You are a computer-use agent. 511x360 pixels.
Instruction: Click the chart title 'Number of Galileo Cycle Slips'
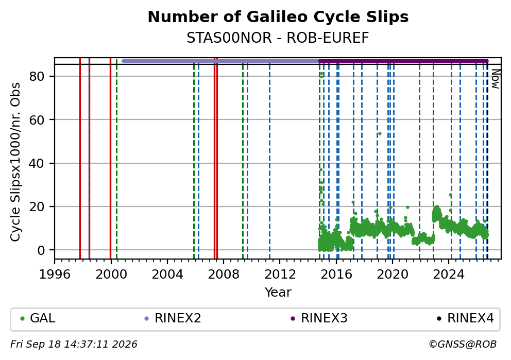pyautogui.click(x=278, y=17)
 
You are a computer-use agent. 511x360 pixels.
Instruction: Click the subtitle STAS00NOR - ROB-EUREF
pyautogui.click(x=278, y=38)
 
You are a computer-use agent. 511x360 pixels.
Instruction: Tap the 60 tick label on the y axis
pyautogui.click(x=37, y=120)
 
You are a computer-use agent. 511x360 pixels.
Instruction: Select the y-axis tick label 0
pyautogui.click(x=41, y=250)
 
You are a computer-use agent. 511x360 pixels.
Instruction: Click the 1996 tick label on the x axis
pyautogui.click(x=55, y=275)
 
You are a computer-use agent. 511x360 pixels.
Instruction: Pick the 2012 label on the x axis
pyautogui.click(x=280, y=275)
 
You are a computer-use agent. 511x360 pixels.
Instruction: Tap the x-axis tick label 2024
pyautogui.click(x=449, y=275)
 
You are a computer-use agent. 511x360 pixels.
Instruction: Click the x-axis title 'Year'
pyautogui.click(x=278, y=292)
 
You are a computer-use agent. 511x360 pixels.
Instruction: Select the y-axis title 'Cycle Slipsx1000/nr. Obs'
pyautogui.click(x=15, y=162)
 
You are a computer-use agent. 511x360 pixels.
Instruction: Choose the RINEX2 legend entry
pyautogui.click(x=173, y=318)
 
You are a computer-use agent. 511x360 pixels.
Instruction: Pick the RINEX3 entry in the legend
pyautogui.click(x=319, y=318)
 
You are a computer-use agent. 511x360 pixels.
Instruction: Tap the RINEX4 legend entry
pyautogui.click(x=465, y=318)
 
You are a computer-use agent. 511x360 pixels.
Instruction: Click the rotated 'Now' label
pyautogui.click(x=495, y=79)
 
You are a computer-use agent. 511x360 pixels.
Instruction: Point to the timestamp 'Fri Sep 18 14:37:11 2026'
pyautogui.click(x=74, y=345)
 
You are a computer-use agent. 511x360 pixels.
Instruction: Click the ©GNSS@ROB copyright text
pyautogui.click(x=463, y=345)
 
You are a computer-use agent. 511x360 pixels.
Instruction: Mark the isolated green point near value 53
pyautogui.click(x=380, y=133)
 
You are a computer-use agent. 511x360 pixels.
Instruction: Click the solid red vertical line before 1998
pyautogui.click(x=80, y=158)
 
